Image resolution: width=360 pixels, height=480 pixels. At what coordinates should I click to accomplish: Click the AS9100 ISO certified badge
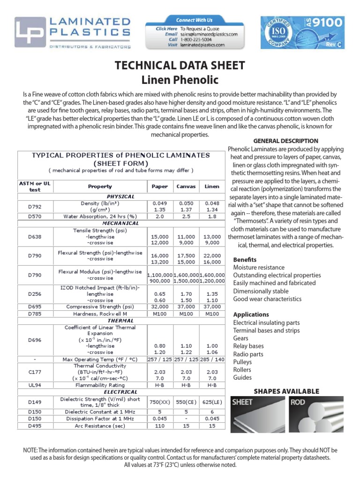click(302, 32)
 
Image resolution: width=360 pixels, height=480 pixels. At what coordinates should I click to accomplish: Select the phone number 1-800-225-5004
click(197, 40)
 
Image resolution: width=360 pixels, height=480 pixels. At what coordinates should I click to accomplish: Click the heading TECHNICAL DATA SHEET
click(180, 65)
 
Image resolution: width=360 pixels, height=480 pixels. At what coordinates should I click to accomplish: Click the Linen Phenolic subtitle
click(180, 80)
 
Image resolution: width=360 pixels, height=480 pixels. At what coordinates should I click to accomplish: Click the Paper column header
click(160, 186)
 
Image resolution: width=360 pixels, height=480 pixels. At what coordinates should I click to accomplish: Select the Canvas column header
click(186, 186)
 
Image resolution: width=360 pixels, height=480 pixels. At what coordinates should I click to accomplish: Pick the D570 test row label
click(35, 217)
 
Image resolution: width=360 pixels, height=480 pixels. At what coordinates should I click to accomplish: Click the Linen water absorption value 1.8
click(212, 217)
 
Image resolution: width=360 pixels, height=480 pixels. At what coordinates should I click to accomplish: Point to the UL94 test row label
click(35, 385)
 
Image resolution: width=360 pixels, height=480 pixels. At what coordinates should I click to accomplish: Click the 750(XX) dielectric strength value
click(160, 402)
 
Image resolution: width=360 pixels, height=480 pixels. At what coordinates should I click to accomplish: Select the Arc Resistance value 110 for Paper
click(160, 426)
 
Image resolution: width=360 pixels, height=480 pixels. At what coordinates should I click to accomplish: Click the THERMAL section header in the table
click(120, 321)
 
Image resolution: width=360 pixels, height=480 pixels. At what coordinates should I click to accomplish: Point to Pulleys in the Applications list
click(242, 362)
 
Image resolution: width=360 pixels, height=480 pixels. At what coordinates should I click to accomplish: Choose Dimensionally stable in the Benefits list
click(261, 291)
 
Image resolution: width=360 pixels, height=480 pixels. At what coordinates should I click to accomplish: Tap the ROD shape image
click(316, 414)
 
